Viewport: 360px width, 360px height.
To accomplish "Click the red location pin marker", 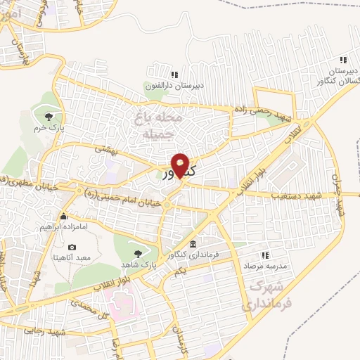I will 181,165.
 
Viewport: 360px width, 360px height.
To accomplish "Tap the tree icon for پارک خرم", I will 49,117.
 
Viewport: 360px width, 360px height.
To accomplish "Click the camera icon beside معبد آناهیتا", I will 72,247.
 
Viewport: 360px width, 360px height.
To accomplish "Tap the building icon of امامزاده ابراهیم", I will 64,216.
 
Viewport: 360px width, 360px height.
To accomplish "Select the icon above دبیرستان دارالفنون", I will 174,75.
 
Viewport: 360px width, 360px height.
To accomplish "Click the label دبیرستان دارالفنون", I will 173,86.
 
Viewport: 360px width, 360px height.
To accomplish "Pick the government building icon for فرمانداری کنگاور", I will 193,243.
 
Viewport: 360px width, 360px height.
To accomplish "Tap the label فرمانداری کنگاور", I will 191,255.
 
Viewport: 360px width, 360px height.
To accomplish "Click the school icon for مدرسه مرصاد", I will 265,255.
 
